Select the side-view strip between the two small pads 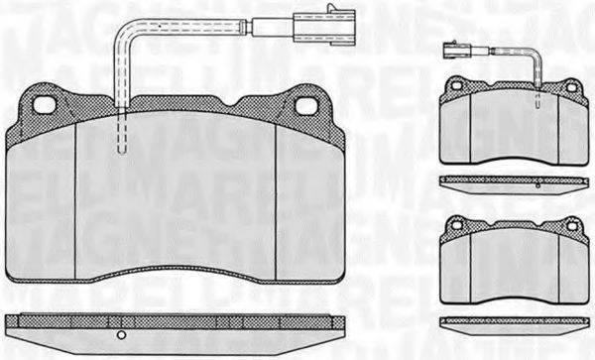pos(510,180)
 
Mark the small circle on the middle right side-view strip pos(535,184)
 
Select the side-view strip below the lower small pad pos(510,321)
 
